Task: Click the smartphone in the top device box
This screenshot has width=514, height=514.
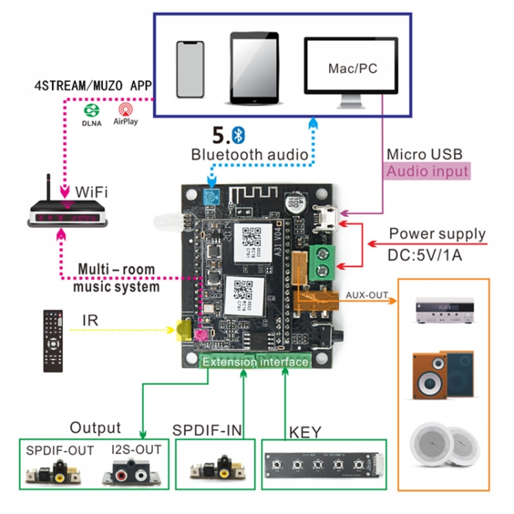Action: [191, 69]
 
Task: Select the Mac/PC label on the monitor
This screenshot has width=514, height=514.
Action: [352, 69]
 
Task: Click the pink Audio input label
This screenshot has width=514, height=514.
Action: [428, 171]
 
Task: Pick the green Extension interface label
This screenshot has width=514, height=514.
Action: [256, 361]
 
